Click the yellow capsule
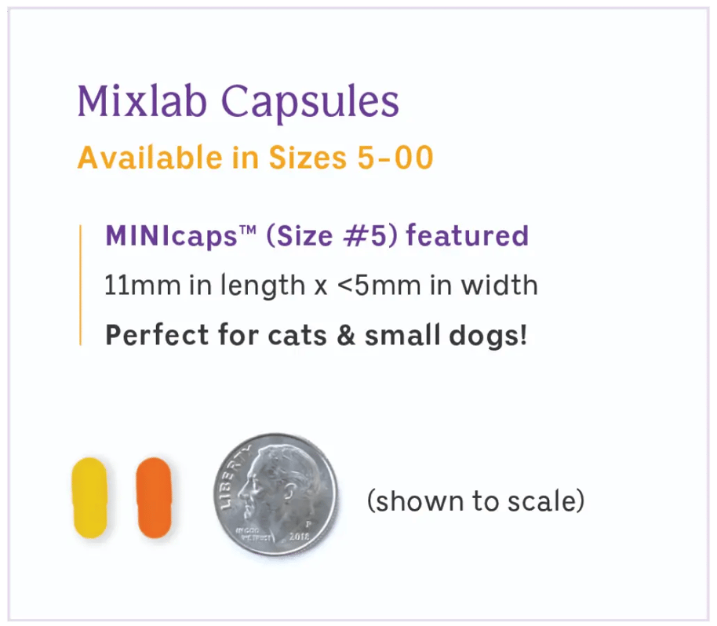89,498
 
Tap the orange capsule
153,498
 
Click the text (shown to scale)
475,500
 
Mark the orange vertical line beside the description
81,284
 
